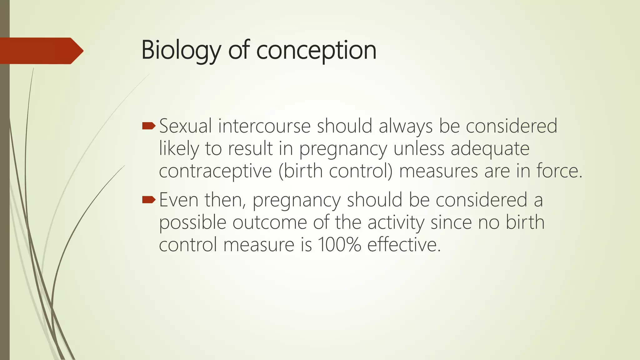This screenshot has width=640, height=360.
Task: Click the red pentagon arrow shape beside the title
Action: pos(41,51)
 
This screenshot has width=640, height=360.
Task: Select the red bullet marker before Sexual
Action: pos(148,126)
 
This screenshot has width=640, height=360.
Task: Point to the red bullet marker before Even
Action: pos(148,200)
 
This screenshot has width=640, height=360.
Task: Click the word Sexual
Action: pos(186,126)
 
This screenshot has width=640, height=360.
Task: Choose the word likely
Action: pos(179,148)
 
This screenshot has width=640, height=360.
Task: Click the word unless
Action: pos(419,148)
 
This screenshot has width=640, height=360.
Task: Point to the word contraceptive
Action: pos(215,171)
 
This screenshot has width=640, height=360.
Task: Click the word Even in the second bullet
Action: pos(179,200)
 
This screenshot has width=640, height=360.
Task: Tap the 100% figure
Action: pos(339,244)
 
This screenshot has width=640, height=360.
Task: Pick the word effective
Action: pos(404,244)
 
